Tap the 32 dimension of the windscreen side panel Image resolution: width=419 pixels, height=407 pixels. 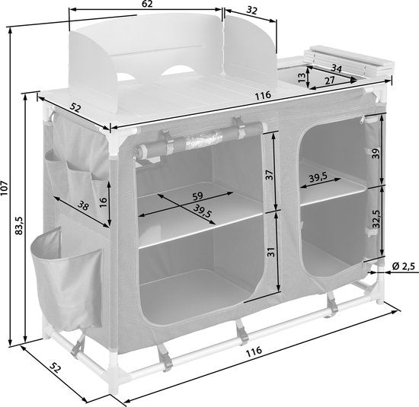[x=247, y=11]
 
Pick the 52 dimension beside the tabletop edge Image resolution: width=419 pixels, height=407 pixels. [x=75, y=108]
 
